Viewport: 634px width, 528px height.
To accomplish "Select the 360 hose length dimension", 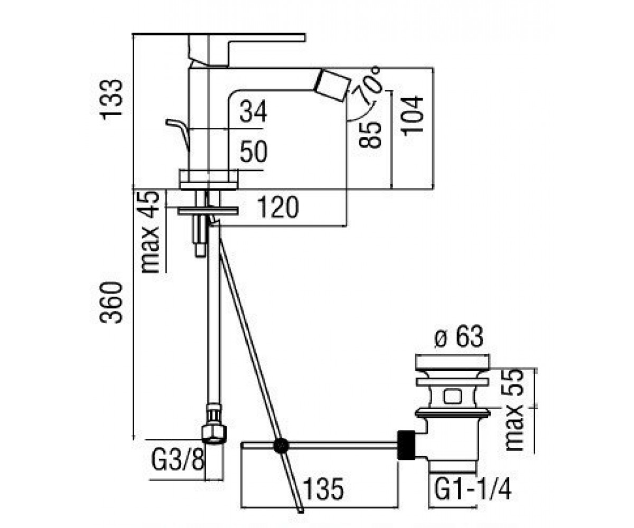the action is click(111, 303).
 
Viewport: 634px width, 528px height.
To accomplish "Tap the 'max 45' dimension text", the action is click(150, 232).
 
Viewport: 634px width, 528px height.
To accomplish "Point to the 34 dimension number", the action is click(253, 111).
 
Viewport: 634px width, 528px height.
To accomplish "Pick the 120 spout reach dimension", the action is click(278, 208).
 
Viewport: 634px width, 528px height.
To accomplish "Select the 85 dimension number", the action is click(369, 135).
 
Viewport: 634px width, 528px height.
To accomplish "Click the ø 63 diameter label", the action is click(459, 337).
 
